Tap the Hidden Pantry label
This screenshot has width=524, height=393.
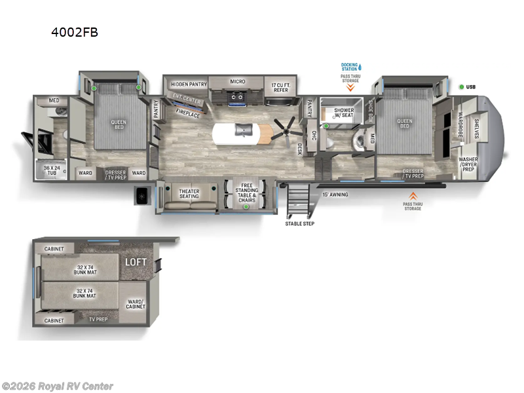pyautogui.click(x=189, y=84)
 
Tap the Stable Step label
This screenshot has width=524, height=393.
pyautogui.click(x=299, y=223)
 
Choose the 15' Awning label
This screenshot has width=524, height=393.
pyautogui.click(x=335, y=195)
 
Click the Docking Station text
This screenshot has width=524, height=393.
pyautogui.click(x=350, y=66)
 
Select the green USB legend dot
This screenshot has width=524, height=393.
pyautogui.click(x=462, y=87)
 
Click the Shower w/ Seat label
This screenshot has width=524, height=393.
pyautogui.click(x=344, y=113)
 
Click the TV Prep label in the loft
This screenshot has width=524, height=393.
pyautogui.click(x=99, y=320)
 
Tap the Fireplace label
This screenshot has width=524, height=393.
pyautogui.click(x=188, y=112)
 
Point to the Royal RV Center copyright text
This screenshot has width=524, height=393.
pyautogui.click(x=58, y=386)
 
